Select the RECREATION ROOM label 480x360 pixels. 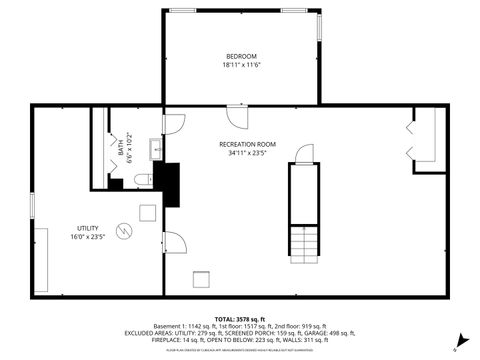pos(247,145)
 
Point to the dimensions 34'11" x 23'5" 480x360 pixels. pos(247,154)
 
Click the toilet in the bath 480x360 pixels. pos(141,180)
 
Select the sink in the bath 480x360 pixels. pos(156,150)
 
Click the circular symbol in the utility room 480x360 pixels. pos(123,231)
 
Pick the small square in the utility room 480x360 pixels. pos(148,212)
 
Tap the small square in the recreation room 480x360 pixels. pos(202,279)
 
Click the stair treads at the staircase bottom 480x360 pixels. pos(303,243)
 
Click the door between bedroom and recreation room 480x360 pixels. pos(238,115)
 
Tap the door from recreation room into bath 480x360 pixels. pos(174,125)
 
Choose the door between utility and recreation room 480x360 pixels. pos(174,242)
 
